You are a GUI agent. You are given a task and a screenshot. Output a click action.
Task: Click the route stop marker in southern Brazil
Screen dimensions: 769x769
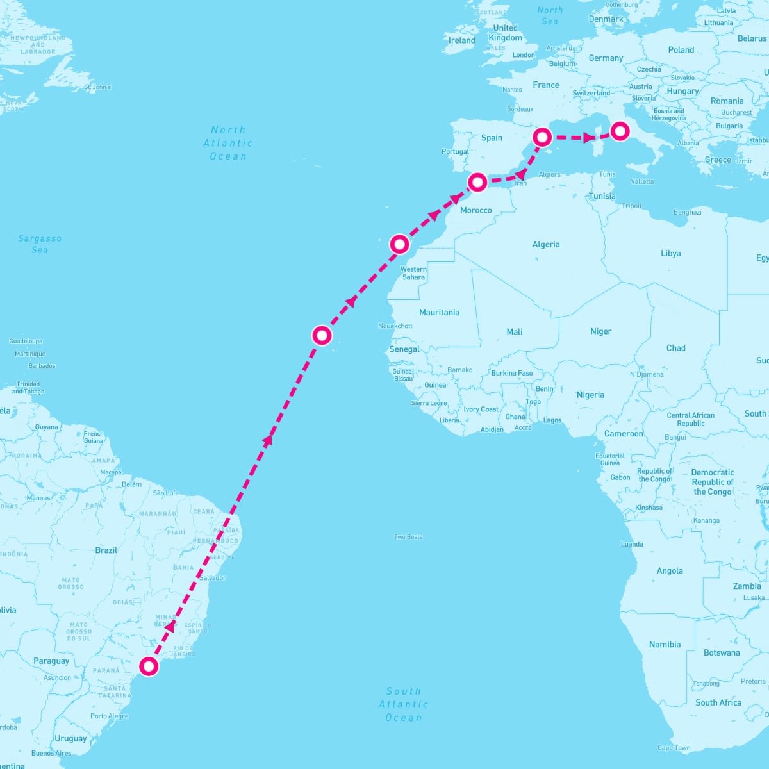pyautogui.click(x=149, y=666)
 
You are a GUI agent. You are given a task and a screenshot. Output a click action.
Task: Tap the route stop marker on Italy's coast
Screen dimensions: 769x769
pyautogui.click(x=619, y=131)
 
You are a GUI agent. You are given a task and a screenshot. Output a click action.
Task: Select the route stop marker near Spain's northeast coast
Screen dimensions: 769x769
pyautogui.click(x=543, y=136)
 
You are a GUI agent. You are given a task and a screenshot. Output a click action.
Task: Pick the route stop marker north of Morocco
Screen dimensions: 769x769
pyautogui.click(x=477, y=182)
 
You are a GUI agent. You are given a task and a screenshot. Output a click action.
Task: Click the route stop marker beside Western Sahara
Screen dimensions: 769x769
pyautogui.click(x=399, y=244)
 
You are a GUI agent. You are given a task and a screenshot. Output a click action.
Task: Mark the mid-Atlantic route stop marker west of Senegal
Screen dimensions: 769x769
pyautogui.click(x=322, y=335)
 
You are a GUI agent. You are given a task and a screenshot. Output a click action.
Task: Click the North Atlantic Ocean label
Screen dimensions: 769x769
pyautogui.click(x=228, y=143)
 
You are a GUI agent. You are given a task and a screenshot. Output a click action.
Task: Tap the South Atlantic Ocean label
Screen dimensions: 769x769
pyautogui.click(x=403, y=704)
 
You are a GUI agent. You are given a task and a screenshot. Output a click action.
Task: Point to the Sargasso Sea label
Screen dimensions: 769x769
pyautogui.click(x=40, y=244)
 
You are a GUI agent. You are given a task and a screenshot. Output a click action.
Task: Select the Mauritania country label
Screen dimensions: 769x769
pyautogui.click(x=439, y=312)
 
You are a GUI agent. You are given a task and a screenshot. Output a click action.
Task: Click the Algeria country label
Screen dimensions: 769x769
pyautogui.click(x=546, y=244)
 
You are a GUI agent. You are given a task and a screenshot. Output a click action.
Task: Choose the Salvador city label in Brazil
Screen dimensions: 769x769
pyautogui.click(x=213, y=578)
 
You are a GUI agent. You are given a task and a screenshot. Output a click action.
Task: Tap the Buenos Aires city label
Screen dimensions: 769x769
pyautogui.click(x=51, y=753)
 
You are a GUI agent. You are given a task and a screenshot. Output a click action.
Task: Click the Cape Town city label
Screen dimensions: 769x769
pyautogui.click(x=674, y=747)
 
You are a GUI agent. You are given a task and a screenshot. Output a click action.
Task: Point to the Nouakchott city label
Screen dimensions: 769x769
pyautogui.click(x=395, y=326)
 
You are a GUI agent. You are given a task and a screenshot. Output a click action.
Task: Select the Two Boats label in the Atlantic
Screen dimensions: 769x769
pyautogui.click(x=408, y=537)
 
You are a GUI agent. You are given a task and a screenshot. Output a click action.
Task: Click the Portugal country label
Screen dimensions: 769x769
pyautogui.click(x=455, y=152)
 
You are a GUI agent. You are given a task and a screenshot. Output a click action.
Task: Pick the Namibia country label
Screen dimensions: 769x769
pyautogui.click(x=665, y=644)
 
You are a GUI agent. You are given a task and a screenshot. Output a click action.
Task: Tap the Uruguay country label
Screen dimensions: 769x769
pyautogui.click(x=70, y=738)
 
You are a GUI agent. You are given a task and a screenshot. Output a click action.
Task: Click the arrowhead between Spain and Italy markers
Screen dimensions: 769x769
pyautogui.click(x=588, y=138)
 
